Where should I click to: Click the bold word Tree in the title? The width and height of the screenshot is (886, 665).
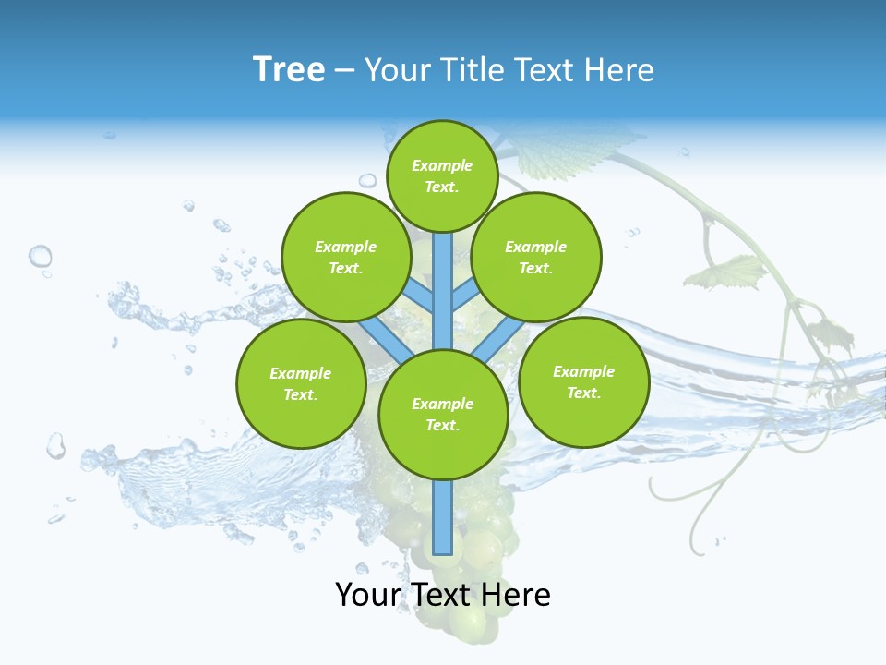(x=289, y=70)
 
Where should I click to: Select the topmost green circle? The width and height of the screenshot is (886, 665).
(x=442, y=175)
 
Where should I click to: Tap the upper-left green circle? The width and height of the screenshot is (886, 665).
(x=346, y=257)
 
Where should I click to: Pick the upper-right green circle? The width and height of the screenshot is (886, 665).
(x=536, y=257)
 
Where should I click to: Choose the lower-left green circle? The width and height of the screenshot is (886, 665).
(x=301, y=383)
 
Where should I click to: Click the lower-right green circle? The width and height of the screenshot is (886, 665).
(x=583, y=381)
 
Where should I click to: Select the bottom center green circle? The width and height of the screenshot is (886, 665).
(x=443, y=414)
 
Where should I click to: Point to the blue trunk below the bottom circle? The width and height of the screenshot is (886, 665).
(x=443, y=517)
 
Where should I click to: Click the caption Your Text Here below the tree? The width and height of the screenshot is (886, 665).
(x=443, y=595)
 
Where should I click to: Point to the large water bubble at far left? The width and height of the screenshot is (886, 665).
(x=40, y=256)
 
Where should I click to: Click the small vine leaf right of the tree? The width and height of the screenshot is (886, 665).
(x=735, y=272)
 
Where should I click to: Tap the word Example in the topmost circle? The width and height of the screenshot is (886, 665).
(x=442, y=165)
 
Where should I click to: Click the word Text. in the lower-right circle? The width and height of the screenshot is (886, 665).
(x=583, y=393)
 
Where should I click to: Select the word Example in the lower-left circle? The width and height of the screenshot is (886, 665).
(x=301, y=373)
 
